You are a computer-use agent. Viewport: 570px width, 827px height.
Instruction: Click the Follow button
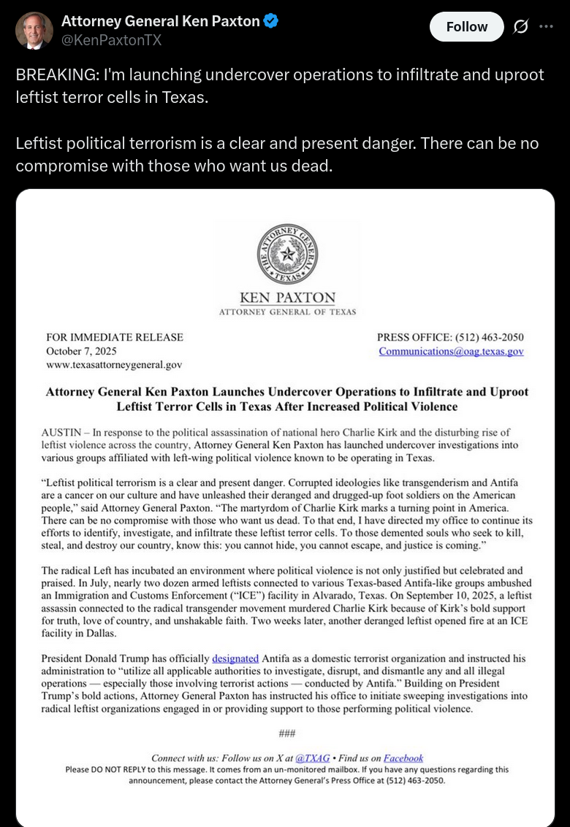click(466, 27)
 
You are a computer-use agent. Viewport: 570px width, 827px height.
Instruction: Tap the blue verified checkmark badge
click(271, 21)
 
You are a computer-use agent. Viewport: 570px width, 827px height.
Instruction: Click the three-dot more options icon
click(546, 26)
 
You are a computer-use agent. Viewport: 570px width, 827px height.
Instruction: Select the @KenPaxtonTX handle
click(112, 40)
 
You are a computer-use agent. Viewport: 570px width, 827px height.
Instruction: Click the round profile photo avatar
click(34, 31)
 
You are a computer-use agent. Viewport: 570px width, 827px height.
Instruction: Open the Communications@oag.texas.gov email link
click(451, 351)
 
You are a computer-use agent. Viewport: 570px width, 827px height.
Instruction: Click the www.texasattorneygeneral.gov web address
click(114, 365)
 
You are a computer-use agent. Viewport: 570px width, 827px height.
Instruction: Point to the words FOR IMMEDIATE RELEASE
click(115, 337)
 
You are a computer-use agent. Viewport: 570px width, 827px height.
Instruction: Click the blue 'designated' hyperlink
click(235, 658)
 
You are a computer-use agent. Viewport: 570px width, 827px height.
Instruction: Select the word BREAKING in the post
click(51, 75)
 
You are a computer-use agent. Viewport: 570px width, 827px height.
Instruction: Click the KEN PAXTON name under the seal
click(287, 298)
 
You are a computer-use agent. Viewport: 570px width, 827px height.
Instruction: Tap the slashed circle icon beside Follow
click(520, 27)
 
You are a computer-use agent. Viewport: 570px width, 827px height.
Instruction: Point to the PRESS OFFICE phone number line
click(450, 337)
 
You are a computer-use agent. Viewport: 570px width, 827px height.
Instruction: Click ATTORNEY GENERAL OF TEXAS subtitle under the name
click(287, 312)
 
